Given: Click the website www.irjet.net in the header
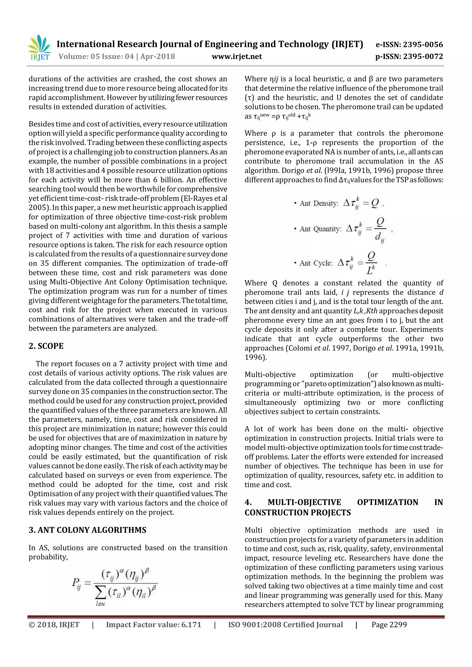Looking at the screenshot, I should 237,56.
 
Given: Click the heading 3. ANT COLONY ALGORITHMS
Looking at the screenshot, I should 87,530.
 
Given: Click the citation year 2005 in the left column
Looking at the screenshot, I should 38,208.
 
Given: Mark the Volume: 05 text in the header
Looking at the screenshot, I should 79,56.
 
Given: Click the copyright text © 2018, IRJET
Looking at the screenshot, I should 54,625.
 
